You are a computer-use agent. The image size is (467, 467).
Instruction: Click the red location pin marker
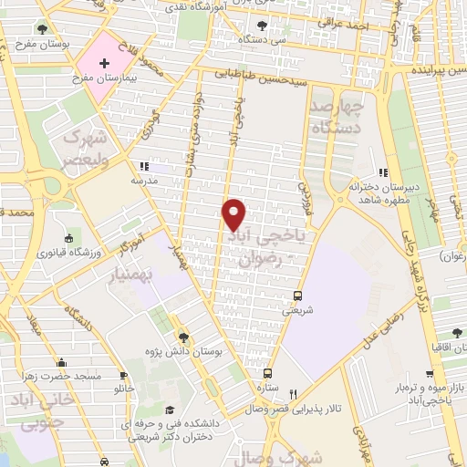[x=234, y=214]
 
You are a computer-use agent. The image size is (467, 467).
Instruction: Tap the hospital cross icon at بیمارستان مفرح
[x=104, y=63]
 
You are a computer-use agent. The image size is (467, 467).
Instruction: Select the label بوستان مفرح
[x=30, y=42]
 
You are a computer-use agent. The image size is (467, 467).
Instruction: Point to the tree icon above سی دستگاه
[x=263, y=26]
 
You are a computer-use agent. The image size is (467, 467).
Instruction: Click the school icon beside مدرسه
[x=143, y=166]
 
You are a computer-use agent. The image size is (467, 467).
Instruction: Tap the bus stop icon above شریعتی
[x=298, y=296]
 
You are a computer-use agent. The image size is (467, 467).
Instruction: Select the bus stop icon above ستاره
[x=267, y=372]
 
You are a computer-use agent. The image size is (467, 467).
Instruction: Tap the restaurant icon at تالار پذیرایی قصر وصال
[x=292, y=395]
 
